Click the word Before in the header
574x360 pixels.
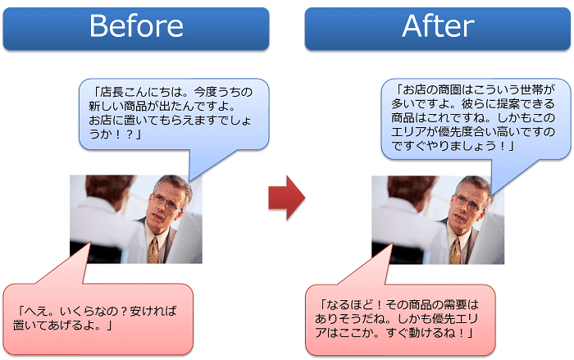tap(136, 25)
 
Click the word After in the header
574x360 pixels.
tap(438, 25)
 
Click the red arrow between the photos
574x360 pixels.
tap(287, 198)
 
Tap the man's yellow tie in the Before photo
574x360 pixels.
tap(153, 250)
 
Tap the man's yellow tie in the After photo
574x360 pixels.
tap(455, 250)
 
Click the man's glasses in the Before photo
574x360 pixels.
tap(166, 202)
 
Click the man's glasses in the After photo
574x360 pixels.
tap(468, 203)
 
